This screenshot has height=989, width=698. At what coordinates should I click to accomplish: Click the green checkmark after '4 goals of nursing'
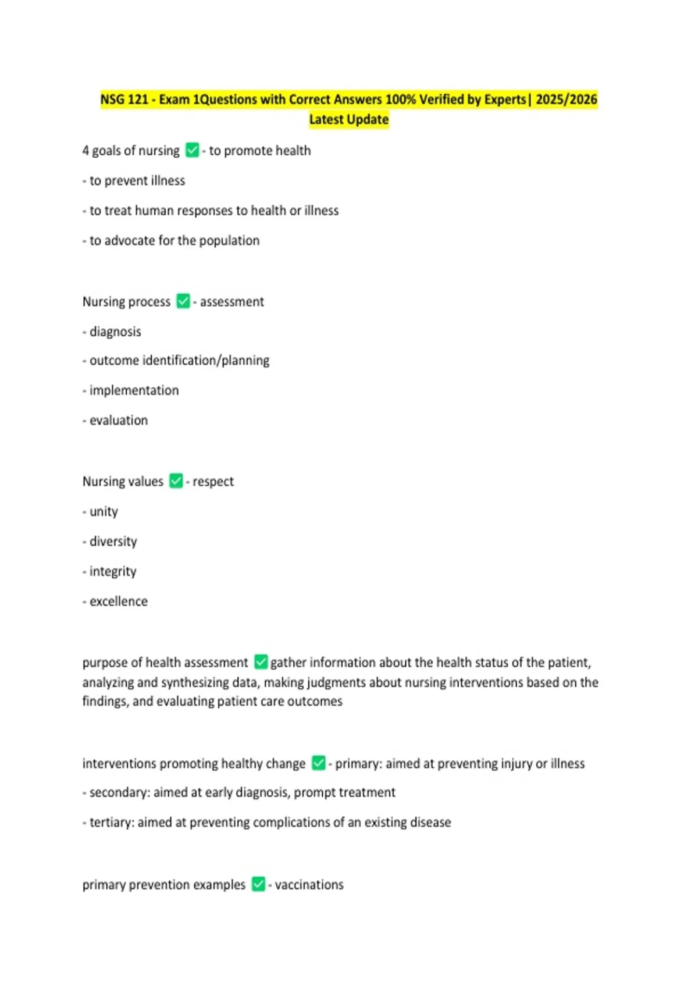(x=192, y=150)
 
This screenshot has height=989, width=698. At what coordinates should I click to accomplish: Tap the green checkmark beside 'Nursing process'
(x=183, y=301)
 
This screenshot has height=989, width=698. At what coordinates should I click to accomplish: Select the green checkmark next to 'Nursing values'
(x=176, y=481)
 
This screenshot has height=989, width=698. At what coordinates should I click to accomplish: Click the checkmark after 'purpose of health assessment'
(x=261, y=661)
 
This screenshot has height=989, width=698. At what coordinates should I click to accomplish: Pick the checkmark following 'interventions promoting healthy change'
(x=318, y=763)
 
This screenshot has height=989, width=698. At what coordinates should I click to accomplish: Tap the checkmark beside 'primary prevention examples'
(x=258, y=884)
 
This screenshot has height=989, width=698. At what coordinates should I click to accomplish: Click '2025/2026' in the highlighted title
(x=566, y=99)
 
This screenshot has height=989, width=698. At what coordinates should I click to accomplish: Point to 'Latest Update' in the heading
(x=348, y=119)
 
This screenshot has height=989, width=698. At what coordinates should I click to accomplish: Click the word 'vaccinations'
(x=309, y=885)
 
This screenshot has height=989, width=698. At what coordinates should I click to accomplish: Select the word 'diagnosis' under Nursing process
(x=115, y=332)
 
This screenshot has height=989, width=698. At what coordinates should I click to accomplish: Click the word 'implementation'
(x=134, y=390)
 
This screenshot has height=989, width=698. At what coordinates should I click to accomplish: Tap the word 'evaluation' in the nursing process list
(x=119, y=420)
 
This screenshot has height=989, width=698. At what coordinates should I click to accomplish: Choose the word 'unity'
(x=104, y=511)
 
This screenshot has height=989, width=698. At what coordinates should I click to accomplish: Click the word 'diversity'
(x=113, y=541)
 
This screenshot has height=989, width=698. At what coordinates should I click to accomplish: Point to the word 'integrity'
(x=113, y=571)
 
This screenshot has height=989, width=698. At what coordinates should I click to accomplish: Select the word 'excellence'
(x=119, y=601)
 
